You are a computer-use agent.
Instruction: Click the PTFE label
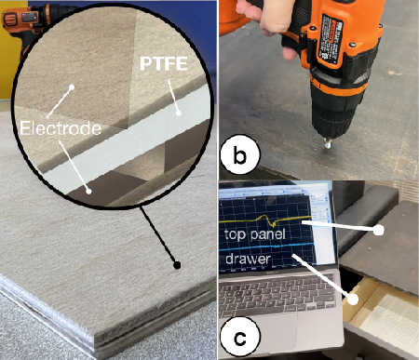(164, 63)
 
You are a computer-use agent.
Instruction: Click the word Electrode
(61, 128)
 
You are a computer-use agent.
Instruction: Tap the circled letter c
(239, 338)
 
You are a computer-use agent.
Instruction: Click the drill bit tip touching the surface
(328, 146)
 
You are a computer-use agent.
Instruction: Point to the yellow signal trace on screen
(265, 220)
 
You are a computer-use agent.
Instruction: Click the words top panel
(255, 233)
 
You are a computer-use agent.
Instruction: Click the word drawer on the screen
(248, 259)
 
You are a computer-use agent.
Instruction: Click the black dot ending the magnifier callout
(177, 265)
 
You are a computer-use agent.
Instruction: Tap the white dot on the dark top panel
(378, 230)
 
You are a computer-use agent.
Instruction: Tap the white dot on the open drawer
(353, 300)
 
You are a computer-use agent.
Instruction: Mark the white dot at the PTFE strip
(178, 113)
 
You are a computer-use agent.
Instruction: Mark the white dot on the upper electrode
(72, 87)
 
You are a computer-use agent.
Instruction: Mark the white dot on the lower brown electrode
(88, 192)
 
